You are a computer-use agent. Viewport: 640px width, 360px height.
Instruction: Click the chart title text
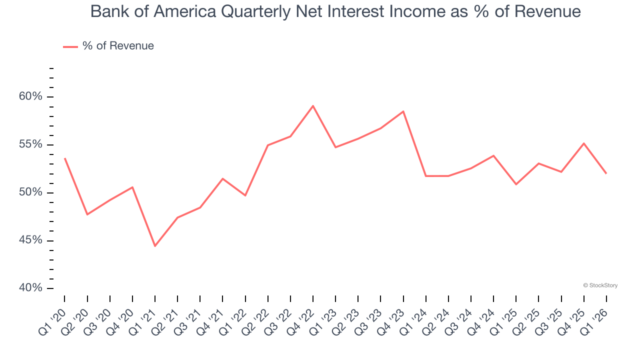point(335,11)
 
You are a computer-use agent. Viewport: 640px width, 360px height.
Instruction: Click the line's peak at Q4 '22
point(313,106)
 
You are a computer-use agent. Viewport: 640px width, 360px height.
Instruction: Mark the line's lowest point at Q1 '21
point(155,246)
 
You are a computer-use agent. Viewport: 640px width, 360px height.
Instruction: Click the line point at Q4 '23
point(403,111)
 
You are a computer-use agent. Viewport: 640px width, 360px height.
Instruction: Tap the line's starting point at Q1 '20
point(65,158)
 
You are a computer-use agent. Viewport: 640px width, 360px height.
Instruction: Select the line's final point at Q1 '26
point(606,173)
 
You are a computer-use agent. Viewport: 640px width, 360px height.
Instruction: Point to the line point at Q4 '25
point(583,143)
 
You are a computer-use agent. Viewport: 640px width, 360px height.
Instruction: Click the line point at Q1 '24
point(425,176)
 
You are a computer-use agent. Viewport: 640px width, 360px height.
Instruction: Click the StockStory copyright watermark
point(600,285)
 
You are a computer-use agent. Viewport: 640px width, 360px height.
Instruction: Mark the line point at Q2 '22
point(268,145)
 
